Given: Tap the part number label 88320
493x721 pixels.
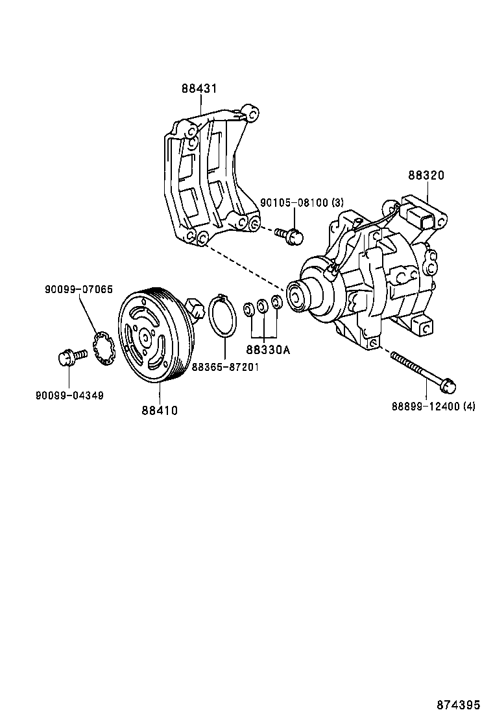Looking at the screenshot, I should (426, 175).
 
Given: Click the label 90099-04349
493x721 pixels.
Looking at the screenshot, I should (69, 395).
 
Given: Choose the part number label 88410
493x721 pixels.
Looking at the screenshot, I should (160, 410).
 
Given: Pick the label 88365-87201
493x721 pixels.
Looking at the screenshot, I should (225, 367).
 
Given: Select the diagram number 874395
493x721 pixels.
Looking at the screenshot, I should (459, 703).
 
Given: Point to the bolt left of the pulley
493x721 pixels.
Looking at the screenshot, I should (71, 356).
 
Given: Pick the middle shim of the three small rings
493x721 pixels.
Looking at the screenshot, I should (262, 306).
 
